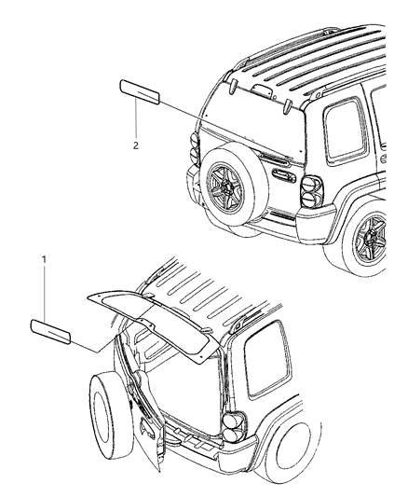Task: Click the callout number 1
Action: pyautogui.click(x=44, y=259)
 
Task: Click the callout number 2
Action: pyautogui.click(x=135, y=145)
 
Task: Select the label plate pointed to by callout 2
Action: pyautogui.click(x=140, y=92)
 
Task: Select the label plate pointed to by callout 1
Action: pyautogui.click(x=50, y=332)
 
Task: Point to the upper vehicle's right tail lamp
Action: pyautogui.click(x=311, y=191)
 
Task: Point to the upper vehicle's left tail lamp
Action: pyautogui.click(x=194, y=148)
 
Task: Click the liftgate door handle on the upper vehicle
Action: pyautogui.click(x=284, y=176)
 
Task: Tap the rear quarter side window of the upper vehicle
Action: pyautogui.click(x=345, y=130)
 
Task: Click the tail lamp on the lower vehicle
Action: pyautogui.click(x=235, y=427)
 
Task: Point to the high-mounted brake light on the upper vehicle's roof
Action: pyautogui.click(x=261, y=90)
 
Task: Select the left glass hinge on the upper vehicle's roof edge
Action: pyautogui.click(x=234, y=87)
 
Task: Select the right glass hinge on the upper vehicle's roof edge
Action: pyautogui.click(x=286, y=106)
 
